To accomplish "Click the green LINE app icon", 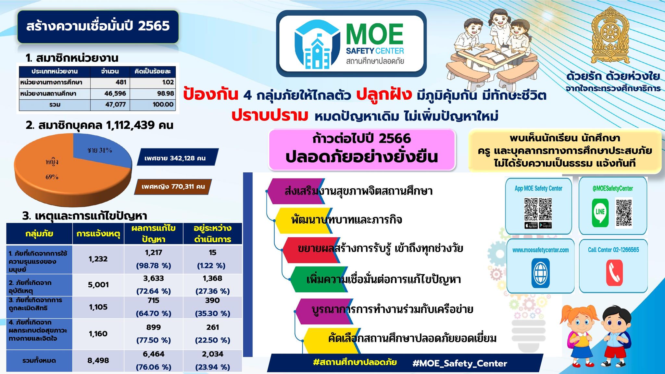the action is coord(600,213).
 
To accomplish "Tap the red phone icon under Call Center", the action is coord(614,273).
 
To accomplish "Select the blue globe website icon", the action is coord(541,273).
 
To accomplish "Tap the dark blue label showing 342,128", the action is coord(177,158).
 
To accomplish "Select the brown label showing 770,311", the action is coord(173,187).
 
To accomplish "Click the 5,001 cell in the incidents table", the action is coord(98,285).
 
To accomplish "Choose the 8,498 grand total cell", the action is coord(98,361).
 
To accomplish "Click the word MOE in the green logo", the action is coord(375,34).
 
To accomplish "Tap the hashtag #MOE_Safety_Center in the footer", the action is coord(460,364).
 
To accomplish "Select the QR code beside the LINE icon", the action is coord(624,213).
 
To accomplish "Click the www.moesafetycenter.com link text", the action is coord(541,250).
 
